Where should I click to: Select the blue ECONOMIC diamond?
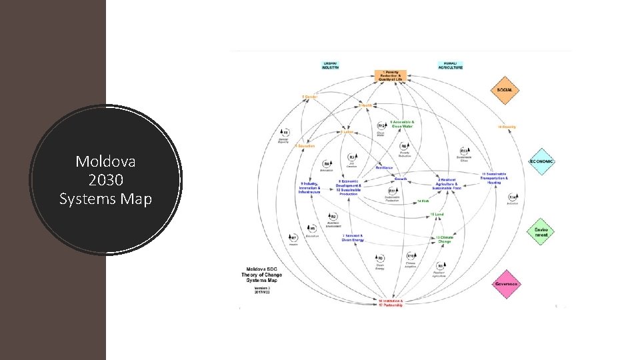point(541,161)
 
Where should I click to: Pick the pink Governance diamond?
point(506,284)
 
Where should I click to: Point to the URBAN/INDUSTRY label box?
point(330,65)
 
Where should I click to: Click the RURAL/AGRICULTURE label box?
point(450,65)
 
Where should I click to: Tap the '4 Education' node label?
point(305,145)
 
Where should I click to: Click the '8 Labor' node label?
point(347,132)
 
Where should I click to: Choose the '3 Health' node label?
point(365,105)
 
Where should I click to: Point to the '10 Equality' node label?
point(507,126)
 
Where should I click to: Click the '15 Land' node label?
point(437,214)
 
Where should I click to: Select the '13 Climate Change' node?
point(445,239)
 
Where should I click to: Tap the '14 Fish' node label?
point(422,201)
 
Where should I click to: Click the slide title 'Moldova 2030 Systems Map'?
point(105,180)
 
